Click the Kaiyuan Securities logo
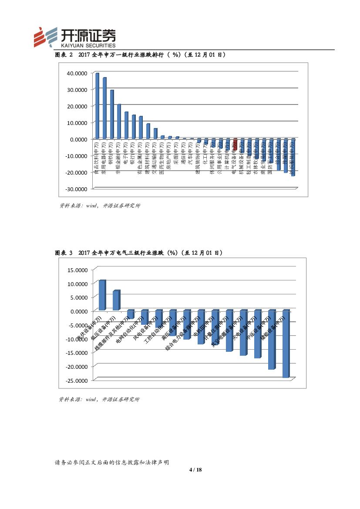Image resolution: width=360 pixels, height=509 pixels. (75, 37)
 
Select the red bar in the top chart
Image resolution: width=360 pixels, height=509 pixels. (235, 145)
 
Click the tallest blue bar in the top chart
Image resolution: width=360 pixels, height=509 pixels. (97, 105)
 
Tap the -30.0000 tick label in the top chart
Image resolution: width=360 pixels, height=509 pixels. (77, 189)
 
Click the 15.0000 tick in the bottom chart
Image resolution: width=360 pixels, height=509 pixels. (78, 270)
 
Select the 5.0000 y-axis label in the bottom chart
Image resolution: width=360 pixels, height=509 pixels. (79, 297)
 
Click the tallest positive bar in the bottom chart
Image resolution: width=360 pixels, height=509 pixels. (102, 295)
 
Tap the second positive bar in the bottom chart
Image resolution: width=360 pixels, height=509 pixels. (116, 300)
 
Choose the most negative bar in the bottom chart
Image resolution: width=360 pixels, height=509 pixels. (286, 344)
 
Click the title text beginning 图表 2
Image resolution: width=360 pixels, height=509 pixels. (140, 55)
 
